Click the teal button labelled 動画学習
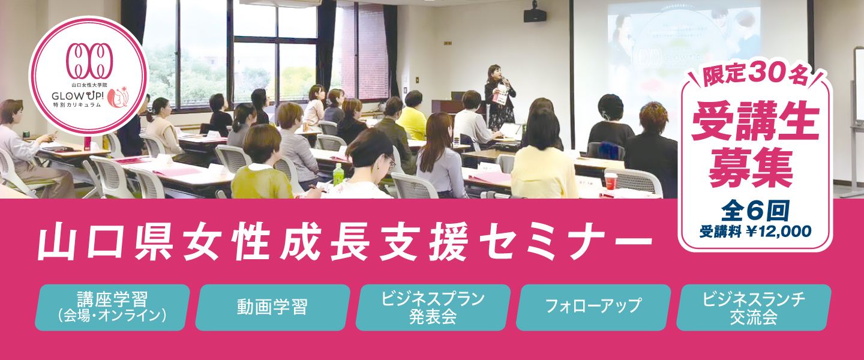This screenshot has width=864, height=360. point(272,308)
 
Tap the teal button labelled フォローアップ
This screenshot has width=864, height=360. point(593,308)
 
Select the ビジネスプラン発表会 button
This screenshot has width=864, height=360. point(433,308)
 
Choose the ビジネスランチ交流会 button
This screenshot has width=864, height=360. point(754,308)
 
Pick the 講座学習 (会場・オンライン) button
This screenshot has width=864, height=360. point(112,308)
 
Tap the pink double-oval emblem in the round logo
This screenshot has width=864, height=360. point(89,61)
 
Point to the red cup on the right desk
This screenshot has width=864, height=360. point(611,181)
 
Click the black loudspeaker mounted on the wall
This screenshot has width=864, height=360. point(535,14)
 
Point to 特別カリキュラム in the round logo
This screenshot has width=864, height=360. point(77,104)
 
